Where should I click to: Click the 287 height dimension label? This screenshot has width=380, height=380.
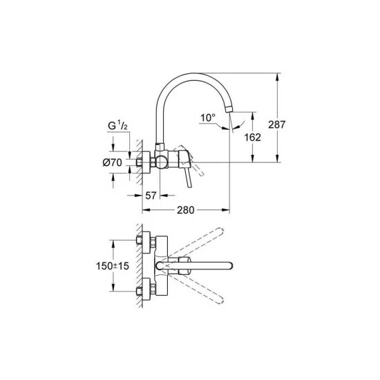[x=277, y=124]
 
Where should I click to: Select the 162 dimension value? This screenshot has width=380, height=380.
[x=252, y=137]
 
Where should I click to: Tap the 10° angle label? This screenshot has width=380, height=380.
[x=208, y=118]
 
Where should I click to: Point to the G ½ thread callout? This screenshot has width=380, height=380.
[x=117, y=126]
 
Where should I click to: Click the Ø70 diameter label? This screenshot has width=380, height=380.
[x=112, y=162]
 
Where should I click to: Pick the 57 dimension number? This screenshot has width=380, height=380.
[x=151, y=196]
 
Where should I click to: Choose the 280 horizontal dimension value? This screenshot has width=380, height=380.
[x=185, y=210]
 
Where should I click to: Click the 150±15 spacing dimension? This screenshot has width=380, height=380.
[x=113, y=266]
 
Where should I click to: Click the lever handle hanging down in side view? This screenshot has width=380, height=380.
[x=189, y=178]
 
